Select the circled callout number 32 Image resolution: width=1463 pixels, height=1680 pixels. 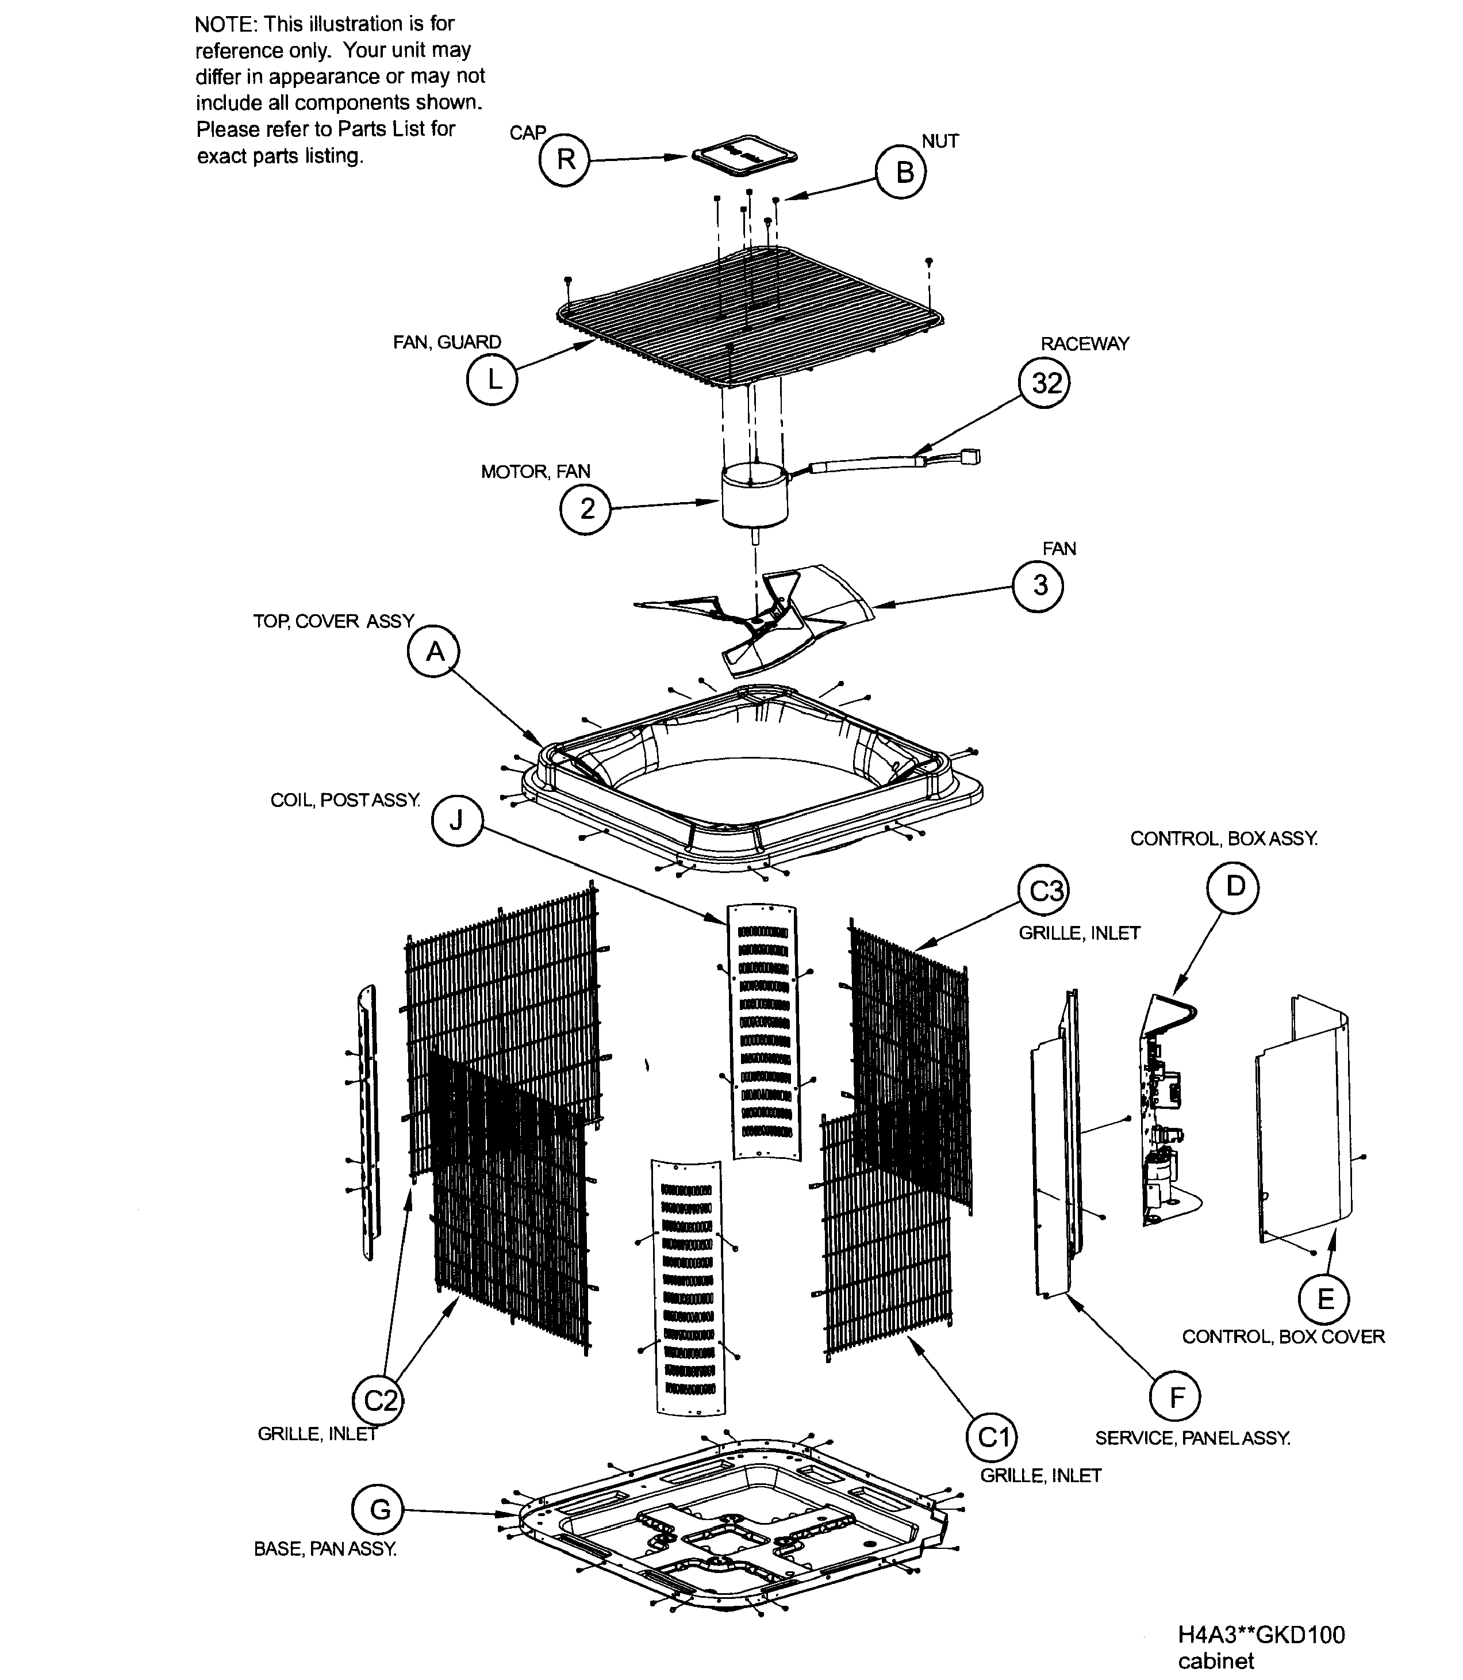[1045, 383]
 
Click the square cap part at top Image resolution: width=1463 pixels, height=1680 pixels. [744, 158]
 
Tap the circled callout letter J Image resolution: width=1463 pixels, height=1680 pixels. [457, 821]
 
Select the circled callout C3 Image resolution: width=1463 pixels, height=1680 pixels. [1044, 891]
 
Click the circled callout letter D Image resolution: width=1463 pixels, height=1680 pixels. [1234, 887]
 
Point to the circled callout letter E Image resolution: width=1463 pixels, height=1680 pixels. [1324, 1299]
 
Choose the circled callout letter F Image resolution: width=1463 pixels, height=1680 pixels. [1175, 1398]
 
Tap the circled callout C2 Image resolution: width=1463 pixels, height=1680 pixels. [379, 1400]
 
